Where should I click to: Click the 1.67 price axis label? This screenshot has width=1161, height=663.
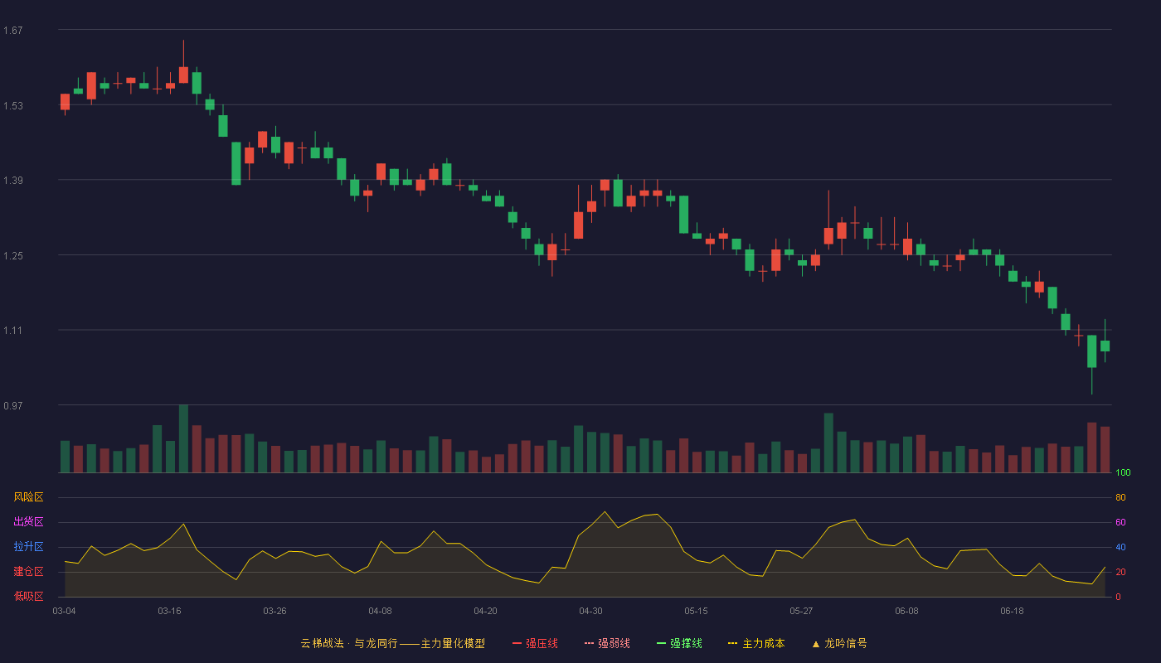pyautogui.click(x=13, y=31)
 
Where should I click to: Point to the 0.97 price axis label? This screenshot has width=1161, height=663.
pyautogui.click(x=13, y=405)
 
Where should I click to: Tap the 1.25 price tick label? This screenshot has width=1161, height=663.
pyautogui.click(x=13, y=256)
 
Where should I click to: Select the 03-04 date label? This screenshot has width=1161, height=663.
pyautogui.click(x=65, y=612)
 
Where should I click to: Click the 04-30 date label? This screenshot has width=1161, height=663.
pyautogui.click(x=590, y=612)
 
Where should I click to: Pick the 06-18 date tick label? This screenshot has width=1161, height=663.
pyautogui.click(x=1013, y=612)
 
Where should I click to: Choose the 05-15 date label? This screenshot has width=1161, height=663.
pyautogui.click(x=696, y=612)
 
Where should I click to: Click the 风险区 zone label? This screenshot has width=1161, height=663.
pyautogui.click(x=28, y=497)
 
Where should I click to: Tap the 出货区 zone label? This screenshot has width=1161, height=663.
pyautogui.click(x=28, y=521)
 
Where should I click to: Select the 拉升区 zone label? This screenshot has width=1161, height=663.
pyautogui.click(x=28, y=546)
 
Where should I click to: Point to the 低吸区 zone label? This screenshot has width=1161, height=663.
pyautogui.click(x=28, y=596)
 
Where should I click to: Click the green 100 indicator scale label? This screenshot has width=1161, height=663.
pyautogui.click(x=1123, y=472)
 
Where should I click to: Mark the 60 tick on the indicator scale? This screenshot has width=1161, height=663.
pyautogui.click(x=1120, y=522)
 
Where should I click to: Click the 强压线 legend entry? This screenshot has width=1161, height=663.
pyautogui.click(x=535, y=643)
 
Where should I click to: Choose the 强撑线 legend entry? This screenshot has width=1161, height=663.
pyautogui.click(x=679, y=643)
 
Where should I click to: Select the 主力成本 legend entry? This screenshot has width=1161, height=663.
pyautogui.click(x=756, y=643)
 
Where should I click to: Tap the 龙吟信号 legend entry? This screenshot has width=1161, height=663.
pyautogui.click(x=839, y=643)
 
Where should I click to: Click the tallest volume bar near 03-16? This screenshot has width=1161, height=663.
pyautogui.click(x=183, y=438)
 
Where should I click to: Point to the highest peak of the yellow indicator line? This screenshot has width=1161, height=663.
pyautogui.click(x=605, y=512)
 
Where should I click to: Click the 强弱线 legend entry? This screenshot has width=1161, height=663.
pyautogui.click(x=607, y=643)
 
